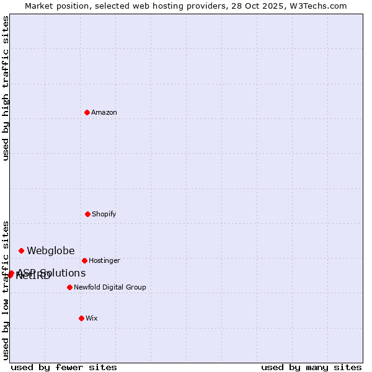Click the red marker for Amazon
point(87,112)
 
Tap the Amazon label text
point(104,113)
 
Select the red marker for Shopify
point(87,214)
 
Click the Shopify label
point(104,215)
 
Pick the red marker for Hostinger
point(84,260)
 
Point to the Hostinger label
point(104,261)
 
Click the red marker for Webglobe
point(21,250)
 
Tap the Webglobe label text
point(50,251)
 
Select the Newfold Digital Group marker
point(69,287)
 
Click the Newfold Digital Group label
point(110,288)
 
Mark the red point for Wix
point(81,318)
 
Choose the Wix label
point(92,319)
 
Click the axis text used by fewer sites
point(64,367)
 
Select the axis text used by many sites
point(311,367)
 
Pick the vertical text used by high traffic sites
point(6,89)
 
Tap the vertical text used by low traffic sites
point(6,290)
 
